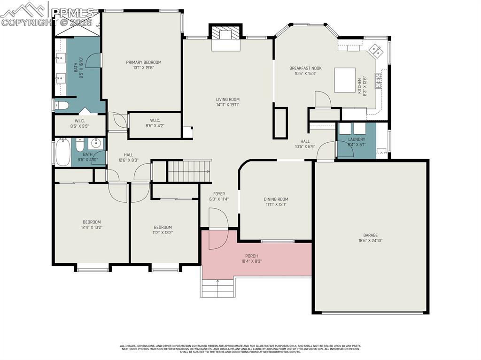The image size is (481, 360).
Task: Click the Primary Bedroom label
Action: [143, 62]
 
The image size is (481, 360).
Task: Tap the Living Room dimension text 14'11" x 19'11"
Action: [227, 105]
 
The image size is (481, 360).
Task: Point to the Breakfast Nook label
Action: [305, 68]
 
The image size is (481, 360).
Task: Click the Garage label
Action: [370, 235]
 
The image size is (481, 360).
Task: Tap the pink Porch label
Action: [251, 256]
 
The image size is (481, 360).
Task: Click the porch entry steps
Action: [218, 287]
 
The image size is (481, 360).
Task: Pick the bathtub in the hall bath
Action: [63, 152]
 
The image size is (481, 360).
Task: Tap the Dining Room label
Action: [276, 199]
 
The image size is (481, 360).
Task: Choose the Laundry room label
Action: [357, 139]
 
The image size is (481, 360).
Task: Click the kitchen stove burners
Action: [378, 81]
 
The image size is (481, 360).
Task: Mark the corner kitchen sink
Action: [376, 49]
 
